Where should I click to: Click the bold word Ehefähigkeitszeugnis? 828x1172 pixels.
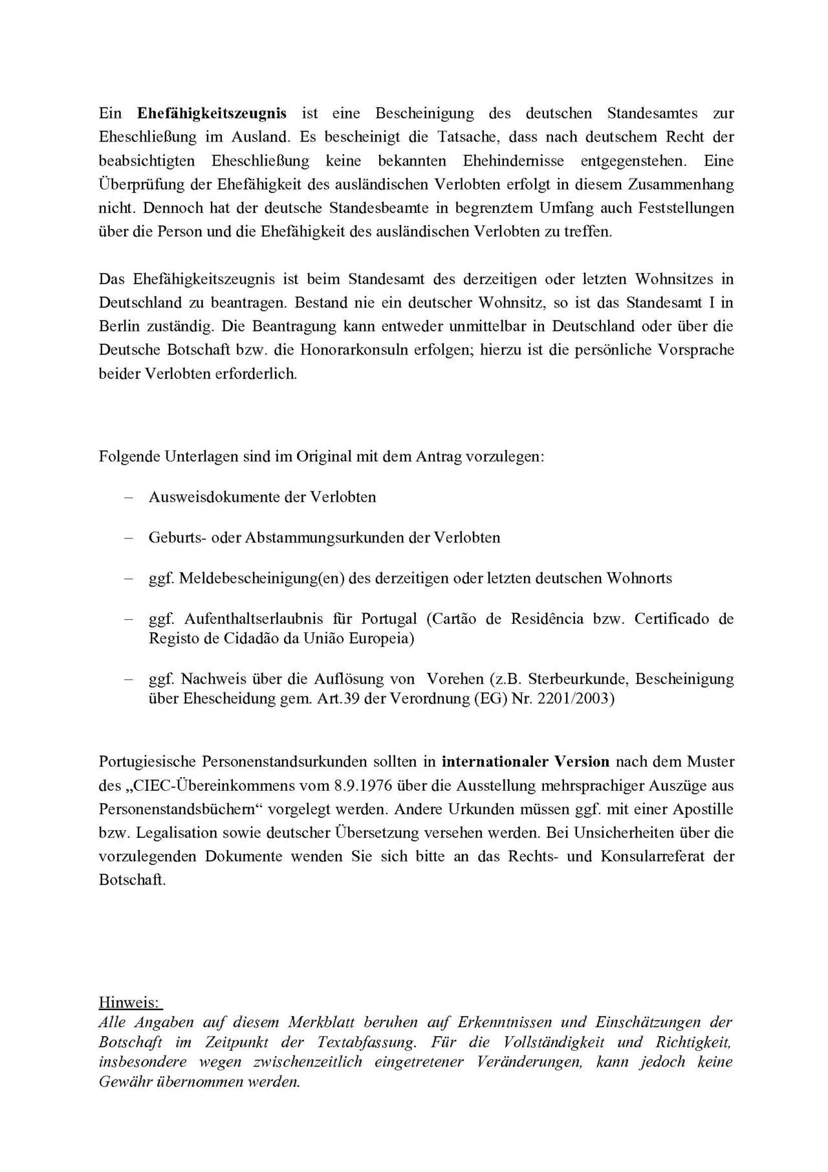pyautogui.click(x=212, y=113)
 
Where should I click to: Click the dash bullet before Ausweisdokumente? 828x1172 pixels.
pyautogui.click(x=127, y=497)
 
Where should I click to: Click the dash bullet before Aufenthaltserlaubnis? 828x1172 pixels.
pyautogui.click(x=127, y=619)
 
